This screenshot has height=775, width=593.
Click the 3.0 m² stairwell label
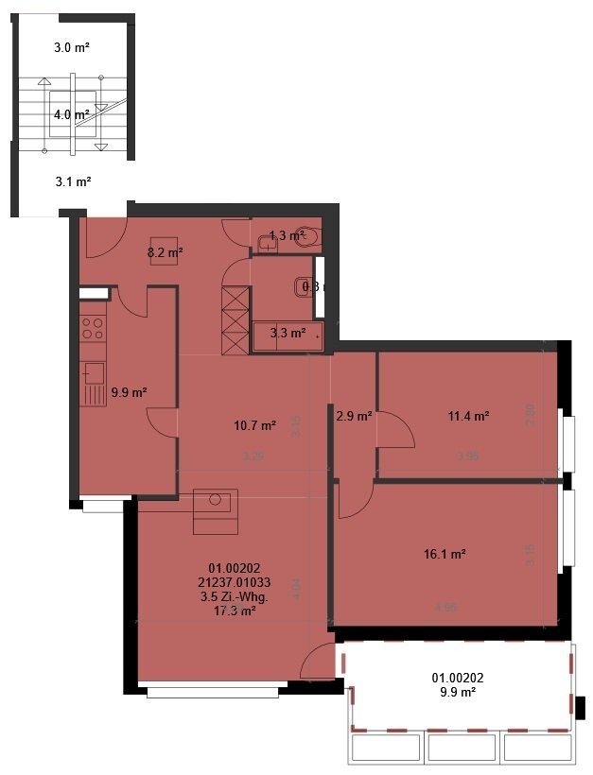click(x=72, y=45)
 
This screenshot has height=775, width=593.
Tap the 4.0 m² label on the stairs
click(x=72, y=114)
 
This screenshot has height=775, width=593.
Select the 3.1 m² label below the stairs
click(x=72, y=181)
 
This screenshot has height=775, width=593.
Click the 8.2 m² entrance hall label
click(x=165, y=252)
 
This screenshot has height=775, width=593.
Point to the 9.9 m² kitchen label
click(x=128, y=392)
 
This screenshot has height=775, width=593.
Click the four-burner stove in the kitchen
click(x=93, y=328)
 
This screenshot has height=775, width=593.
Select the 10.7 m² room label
click(x=254, y=426)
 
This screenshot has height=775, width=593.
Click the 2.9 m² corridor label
click(x=353, y=415)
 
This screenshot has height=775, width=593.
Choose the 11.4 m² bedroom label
click(x=468, y=415)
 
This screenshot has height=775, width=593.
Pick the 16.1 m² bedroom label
click(x=447, y=554)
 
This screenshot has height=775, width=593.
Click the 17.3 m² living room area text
click(x=235, y=611)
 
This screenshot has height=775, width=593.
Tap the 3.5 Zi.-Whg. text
click(x=235, y=597)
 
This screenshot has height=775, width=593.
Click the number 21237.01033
click(x=235, y=583)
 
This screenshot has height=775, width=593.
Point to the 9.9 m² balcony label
click(x=453, y=691)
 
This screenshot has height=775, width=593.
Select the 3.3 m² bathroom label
click(x=288, y=333)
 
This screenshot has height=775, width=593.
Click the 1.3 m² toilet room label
click(x=285, y=235)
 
